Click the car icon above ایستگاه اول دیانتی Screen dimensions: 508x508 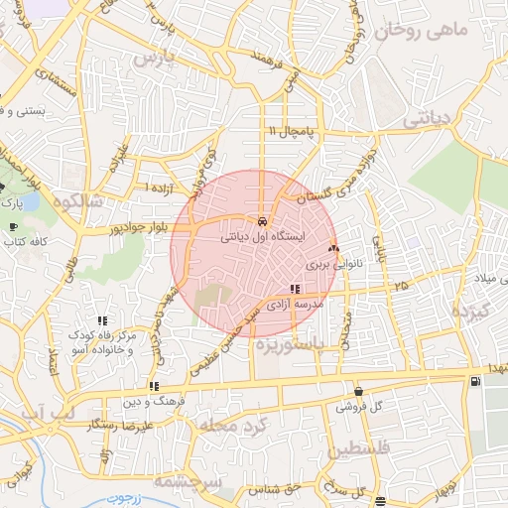click(262, 221)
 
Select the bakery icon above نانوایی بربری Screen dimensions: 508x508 click(333, 249)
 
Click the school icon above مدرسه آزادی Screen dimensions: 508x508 click(294, 289)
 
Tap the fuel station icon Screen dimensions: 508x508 click(477, 381)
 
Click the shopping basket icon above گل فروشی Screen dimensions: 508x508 click(357, 391)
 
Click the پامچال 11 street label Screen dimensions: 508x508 click(288, 131)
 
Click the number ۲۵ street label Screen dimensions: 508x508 click(400, 287)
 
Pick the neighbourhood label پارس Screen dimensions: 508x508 click(154, 61)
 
